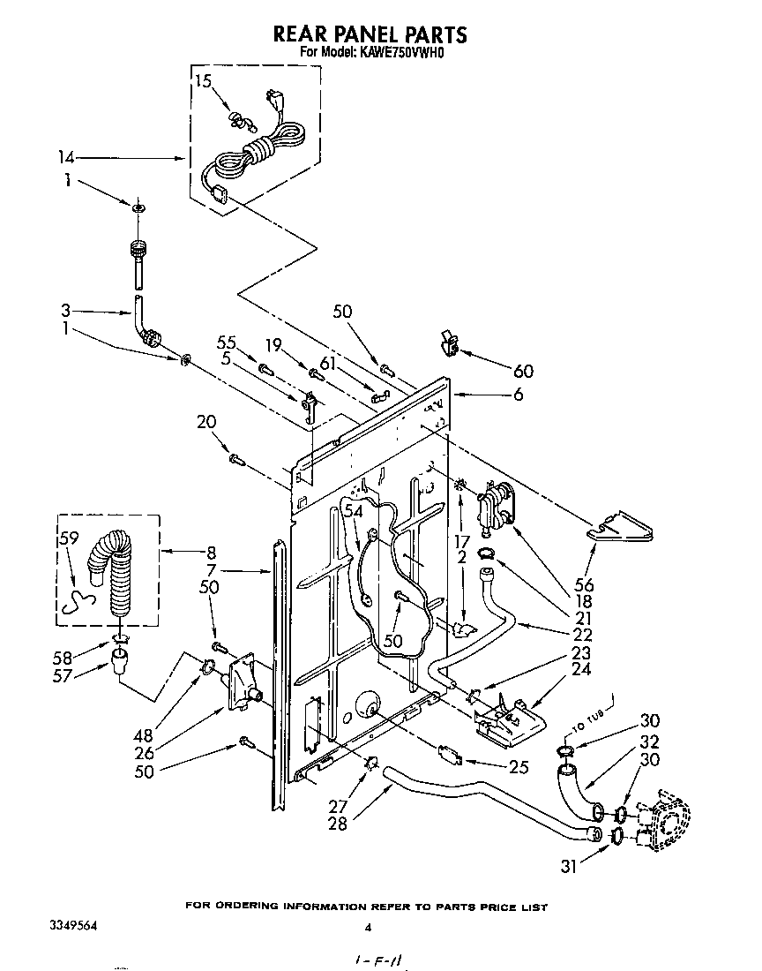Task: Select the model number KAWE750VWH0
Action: point(401,53)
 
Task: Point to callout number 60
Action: point(522,371)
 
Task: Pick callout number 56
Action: point(584,584)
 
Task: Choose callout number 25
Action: point(519,768)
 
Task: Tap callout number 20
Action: point(206,423)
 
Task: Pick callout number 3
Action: point(66,311)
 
